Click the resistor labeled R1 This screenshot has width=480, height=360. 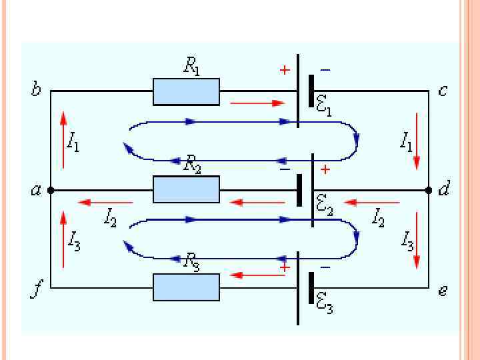[x=186, y=91]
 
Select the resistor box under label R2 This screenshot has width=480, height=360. [x=186, y=189]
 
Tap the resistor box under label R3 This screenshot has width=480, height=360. [x=186, y=287]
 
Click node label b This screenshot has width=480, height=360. [x=36, y=89]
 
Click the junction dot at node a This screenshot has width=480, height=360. [x=51, y=190]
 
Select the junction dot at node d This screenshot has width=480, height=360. [x=429, y=190]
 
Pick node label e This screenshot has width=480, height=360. [x=443, y=291]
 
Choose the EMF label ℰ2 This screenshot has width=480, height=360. [x=325, y=207]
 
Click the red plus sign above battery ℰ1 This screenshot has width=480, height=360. [x=285, y=70]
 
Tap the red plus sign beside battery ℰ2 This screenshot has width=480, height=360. [x=325, y=170]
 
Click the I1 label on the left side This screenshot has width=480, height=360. [x=73, y=141]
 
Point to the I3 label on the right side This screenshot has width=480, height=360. [x=407, y=240]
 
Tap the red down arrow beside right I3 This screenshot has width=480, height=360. [x=417, y=240]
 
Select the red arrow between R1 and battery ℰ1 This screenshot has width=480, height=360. [x=257, y=103]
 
